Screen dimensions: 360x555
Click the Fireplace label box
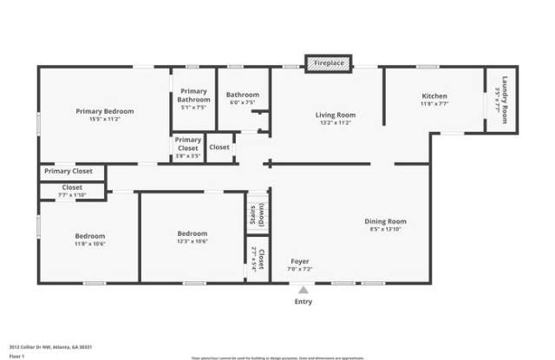(329, 63)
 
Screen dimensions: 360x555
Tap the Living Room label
(335, 115)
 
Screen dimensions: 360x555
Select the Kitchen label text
(434, 95)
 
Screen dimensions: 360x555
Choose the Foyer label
(300, 260)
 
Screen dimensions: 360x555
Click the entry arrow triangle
(303, 291)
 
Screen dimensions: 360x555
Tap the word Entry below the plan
(304, 301)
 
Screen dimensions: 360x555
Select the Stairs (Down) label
(257, 217)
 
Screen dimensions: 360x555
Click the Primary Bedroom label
(105, 111)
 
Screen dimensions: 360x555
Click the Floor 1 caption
(17, 356)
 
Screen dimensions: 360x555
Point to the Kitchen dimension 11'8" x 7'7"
(434, 103)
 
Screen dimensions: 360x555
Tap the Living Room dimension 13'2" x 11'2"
(335, 122)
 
